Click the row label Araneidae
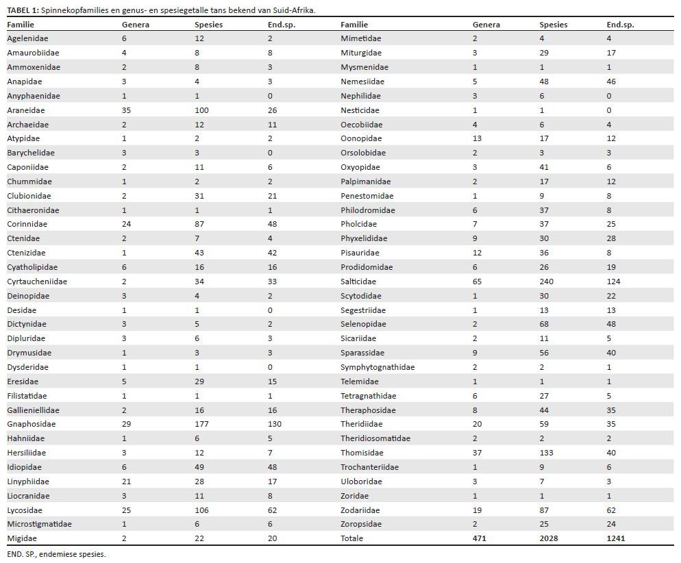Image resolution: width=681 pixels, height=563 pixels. (x=26, y=110)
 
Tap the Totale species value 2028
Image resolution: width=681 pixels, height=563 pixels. (x=549, y=538)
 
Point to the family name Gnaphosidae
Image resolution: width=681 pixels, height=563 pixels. (x=32, y=425)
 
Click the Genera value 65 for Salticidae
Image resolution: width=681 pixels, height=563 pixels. (x=478, y=281)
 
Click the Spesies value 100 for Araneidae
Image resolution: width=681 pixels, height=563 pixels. (x=202, y=110)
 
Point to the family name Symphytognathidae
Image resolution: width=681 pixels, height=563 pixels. (x=377, y=367)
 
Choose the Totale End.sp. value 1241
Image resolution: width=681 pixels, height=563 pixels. (x=616, y=538)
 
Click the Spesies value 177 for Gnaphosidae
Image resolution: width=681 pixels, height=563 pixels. (x=202, y=425)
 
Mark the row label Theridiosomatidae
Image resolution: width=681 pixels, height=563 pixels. (x=375, y=438)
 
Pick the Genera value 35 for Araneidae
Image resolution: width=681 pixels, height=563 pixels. (x=127, y=110)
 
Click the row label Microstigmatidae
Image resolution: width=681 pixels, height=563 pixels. (x=39, y=524)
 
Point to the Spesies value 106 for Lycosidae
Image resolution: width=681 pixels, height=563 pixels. (x=202, y=510)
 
